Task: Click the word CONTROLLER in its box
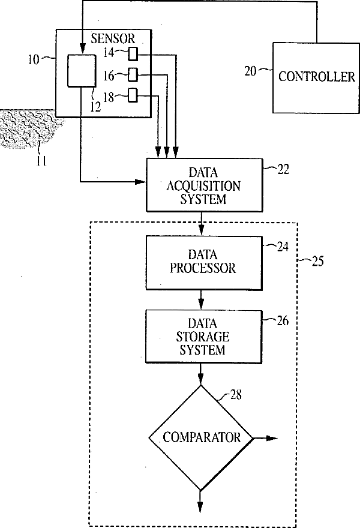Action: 317,76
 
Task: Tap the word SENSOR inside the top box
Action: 113,39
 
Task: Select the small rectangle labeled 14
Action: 133,54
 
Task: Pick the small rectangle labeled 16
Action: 133,75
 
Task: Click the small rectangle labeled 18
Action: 133,95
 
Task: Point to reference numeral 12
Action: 95,107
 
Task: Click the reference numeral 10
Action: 34,59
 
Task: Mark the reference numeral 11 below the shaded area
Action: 41,161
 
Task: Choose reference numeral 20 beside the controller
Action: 250,71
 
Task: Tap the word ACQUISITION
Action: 203,186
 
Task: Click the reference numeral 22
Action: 283,169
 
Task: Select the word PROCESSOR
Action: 203,268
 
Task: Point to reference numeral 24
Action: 283,247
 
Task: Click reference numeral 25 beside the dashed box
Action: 318,261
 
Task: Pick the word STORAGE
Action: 203,337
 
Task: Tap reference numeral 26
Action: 283,321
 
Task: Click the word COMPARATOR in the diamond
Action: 202,437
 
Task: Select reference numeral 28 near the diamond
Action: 236,394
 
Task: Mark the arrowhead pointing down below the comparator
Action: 200,507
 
